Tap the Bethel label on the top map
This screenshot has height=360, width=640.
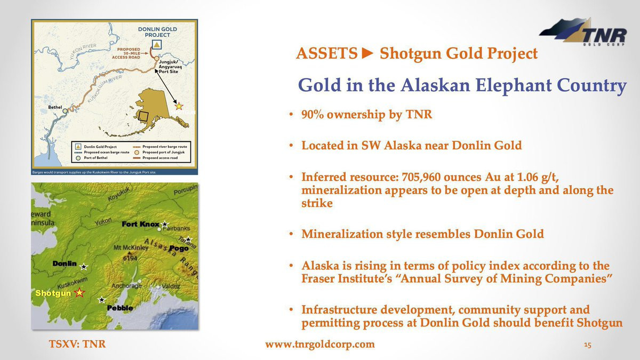(55, 107)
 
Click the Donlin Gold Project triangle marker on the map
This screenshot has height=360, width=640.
(157, 45)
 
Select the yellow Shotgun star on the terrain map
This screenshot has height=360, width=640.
(79, 293)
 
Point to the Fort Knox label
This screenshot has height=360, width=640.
(140, 225)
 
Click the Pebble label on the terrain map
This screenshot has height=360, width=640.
(120, 308)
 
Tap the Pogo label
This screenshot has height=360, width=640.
(179, 249)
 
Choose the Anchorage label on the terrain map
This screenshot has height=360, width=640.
(126, 286)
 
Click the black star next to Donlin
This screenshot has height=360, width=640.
(83, 267)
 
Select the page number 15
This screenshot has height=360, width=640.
(587, 345)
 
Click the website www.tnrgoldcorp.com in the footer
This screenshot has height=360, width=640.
(320, 345)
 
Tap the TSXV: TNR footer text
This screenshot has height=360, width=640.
(77, 344)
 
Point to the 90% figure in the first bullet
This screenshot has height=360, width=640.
(313, 114)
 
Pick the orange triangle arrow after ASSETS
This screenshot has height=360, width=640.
(367, 53)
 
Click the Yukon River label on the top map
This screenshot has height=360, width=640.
(83, 51)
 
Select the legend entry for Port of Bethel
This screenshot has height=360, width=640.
(91, 158)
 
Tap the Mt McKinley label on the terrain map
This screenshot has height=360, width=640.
(131, 247)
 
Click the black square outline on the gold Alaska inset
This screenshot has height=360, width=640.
(143, 116)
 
